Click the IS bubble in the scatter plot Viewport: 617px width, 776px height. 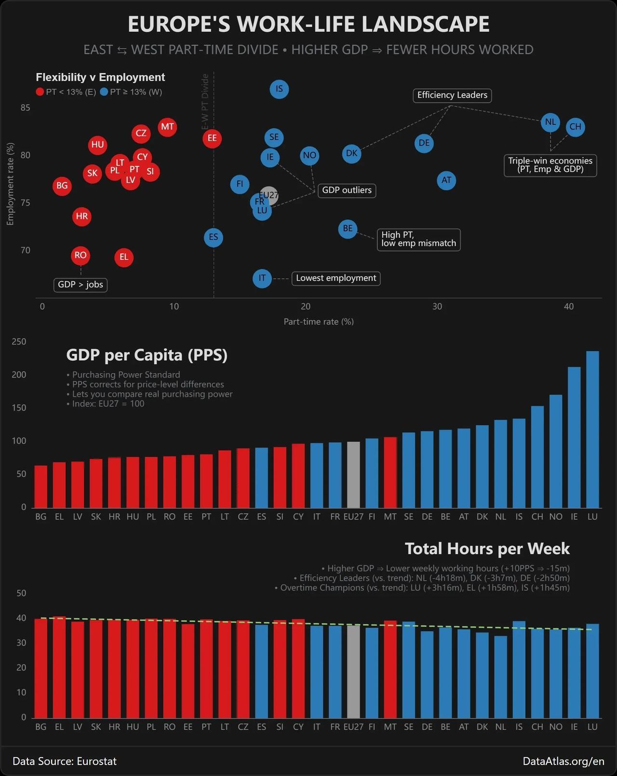point(279,89)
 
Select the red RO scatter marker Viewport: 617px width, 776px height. point(80,256)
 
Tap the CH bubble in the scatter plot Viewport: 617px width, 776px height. point(575,127)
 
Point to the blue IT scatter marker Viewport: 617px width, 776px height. point(262,278)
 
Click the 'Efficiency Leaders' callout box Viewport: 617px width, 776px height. point(452,95)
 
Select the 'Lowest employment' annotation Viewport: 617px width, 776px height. point(336,278)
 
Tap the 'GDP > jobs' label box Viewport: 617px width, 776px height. point(80,285)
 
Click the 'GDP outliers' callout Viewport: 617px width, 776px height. point(347,191)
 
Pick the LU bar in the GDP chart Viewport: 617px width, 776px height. point(592,429)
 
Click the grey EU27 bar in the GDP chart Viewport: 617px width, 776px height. point(353,475)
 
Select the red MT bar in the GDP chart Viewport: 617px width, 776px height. point(390,472)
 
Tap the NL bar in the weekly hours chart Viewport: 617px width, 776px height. point(501,677)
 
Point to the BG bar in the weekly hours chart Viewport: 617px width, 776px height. point(41,668)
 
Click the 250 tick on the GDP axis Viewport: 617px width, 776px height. point(19,342)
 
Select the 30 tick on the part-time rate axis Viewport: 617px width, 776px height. point(437,307)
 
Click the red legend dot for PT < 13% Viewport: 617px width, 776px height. point(40,92)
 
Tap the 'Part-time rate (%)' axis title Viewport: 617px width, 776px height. point(319,322)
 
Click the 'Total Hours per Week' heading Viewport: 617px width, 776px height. point(487,549)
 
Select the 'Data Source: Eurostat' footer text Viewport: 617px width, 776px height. point(65,762)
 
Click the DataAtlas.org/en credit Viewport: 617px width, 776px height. point(563,762)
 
